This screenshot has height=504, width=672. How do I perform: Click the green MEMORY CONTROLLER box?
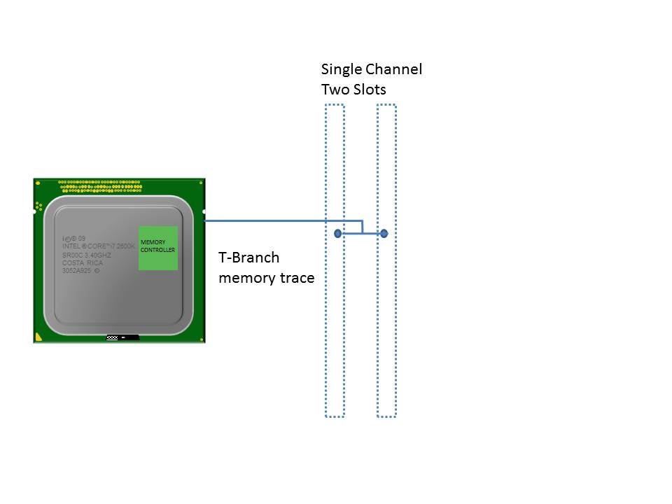(158, 248)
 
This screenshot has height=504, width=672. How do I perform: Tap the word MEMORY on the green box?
(153, 242)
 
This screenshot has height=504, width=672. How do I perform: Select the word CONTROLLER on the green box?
(158, 250)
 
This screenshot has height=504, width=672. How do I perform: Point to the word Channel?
(396, 69)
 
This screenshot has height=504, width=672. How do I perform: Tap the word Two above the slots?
(334, 90)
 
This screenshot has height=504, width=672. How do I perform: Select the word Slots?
(368, 90)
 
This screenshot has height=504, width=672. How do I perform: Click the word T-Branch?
(249, 258)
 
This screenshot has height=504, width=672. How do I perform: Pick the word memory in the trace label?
(247, 278)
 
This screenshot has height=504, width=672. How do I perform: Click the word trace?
(297, 278)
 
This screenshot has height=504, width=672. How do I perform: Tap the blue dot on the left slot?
(337, 233)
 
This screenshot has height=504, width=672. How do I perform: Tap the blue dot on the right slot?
(384, 233)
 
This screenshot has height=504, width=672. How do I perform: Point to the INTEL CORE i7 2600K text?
(98, 246)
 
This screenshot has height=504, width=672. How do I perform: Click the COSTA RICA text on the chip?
(83, 262)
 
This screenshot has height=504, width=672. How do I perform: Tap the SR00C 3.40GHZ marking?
(87, 255)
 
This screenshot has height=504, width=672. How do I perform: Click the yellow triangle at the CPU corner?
(38, 337)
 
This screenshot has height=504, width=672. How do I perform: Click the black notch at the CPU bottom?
(123, 338)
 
